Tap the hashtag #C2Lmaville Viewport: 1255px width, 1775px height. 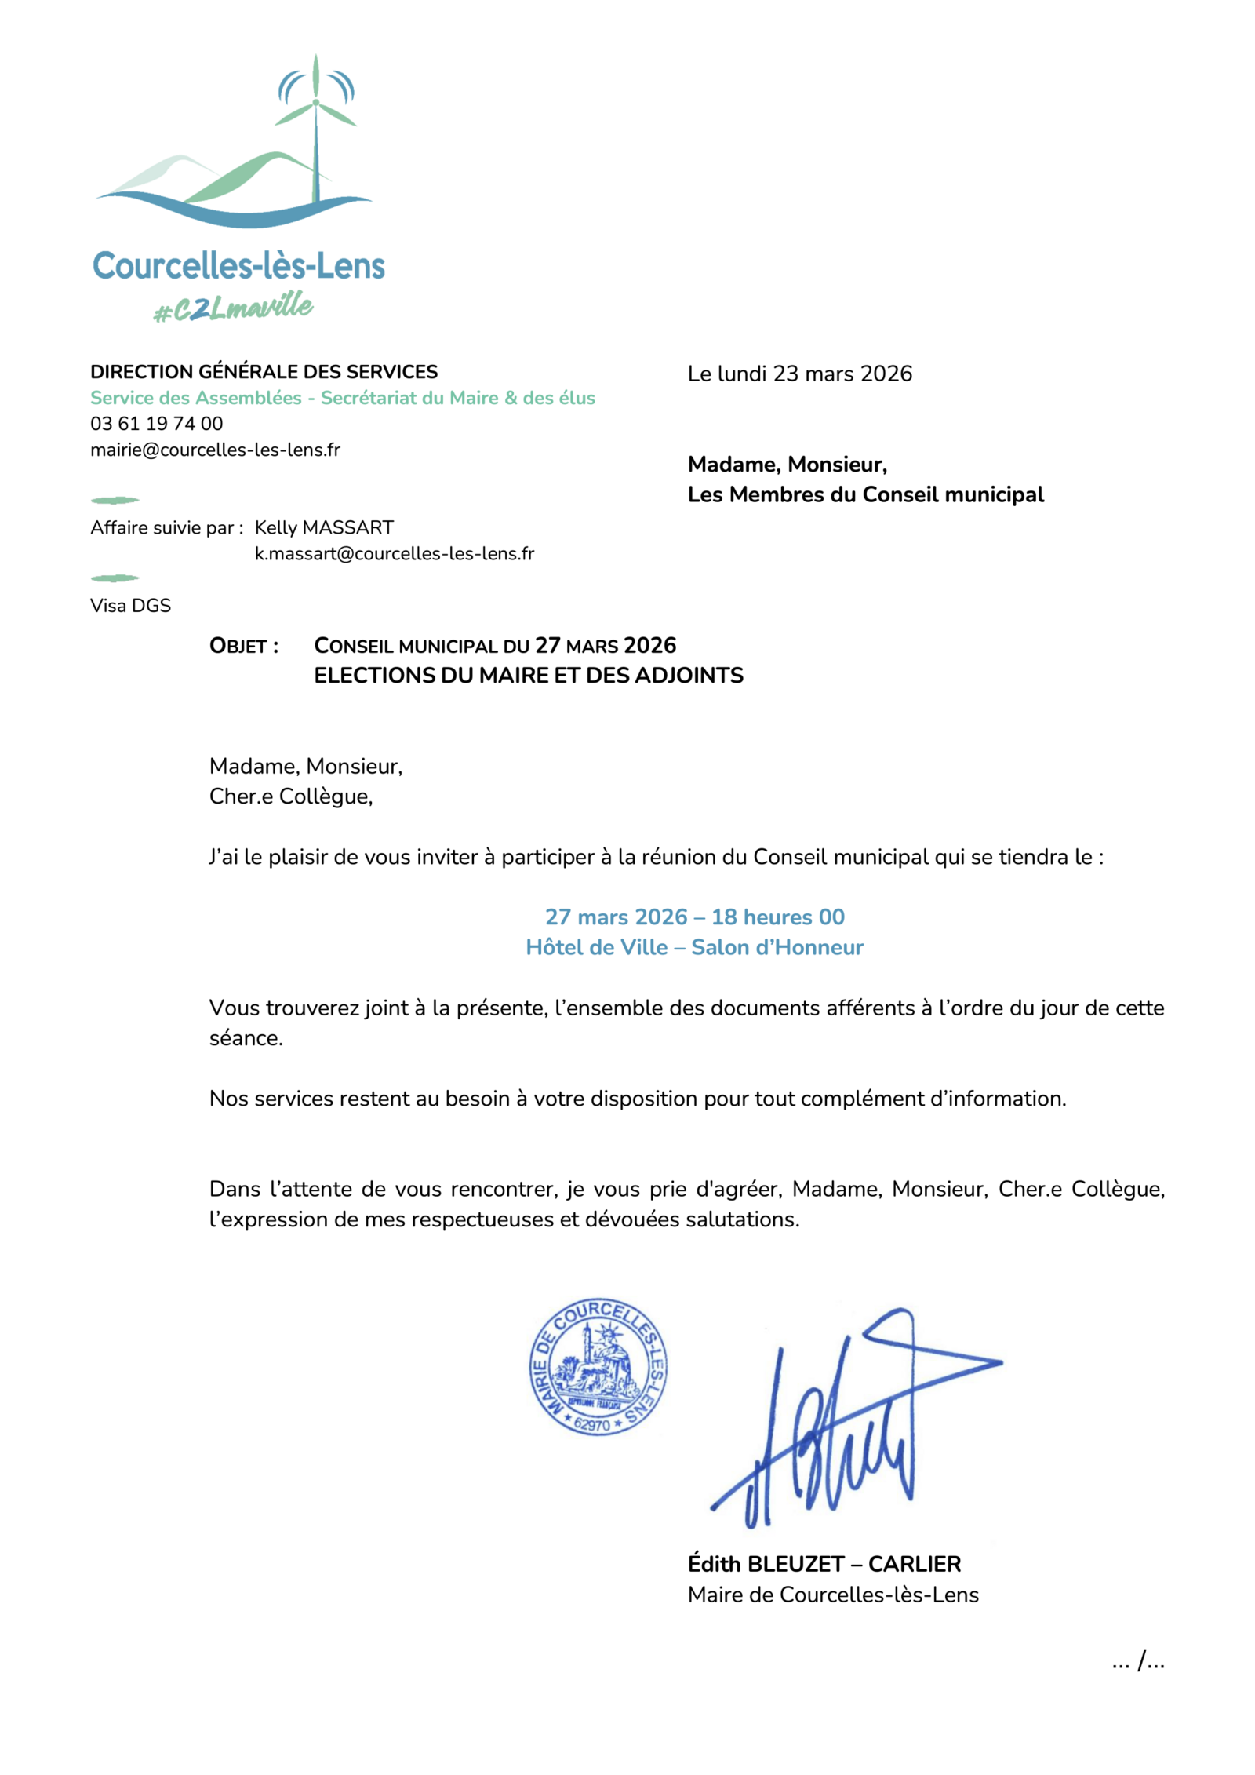pyautogui.click(x=233, y=308)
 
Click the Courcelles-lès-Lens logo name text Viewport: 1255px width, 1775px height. pyautogui.click(x=238, y=266)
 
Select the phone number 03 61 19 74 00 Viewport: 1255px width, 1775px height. pyautogui.click(x=156, y=424)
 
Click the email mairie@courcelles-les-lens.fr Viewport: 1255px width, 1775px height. pyautogui.click(x=215, y=450)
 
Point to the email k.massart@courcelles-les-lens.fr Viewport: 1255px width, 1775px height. pyautogui.click(x=394, y=554)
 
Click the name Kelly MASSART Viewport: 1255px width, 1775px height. pyautogui.click(x=323, y=527)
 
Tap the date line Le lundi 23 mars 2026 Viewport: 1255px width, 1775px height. pyautogui.click(x=799, y=374)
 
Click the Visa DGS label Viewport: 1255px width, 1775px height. pyautogui.click(x=130, y=606)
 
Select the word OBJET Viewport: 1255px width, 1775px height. pyautogui.click(x=238, y=647)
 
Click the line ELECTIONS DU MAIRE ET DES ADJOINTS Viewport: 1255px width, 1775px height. pyautogui.click(x=528, y=676)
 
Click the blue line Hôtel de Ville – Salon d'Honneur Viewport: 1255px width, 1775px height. pyautogui.click(x=693, y=947)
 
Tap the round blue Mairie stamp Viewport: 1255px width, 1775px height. pyautogui.click(x=598, y=1367)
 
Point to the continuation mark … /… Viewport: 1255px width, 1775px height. pyautogui.click(x=1137, y=1661)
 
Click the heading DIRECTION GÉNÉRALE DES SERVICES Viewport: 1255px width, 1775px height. pyautogui.click(x=264, y=372)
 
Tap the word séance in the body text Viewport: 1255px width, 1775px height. pyautogui.click(x=245, y=1038)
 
